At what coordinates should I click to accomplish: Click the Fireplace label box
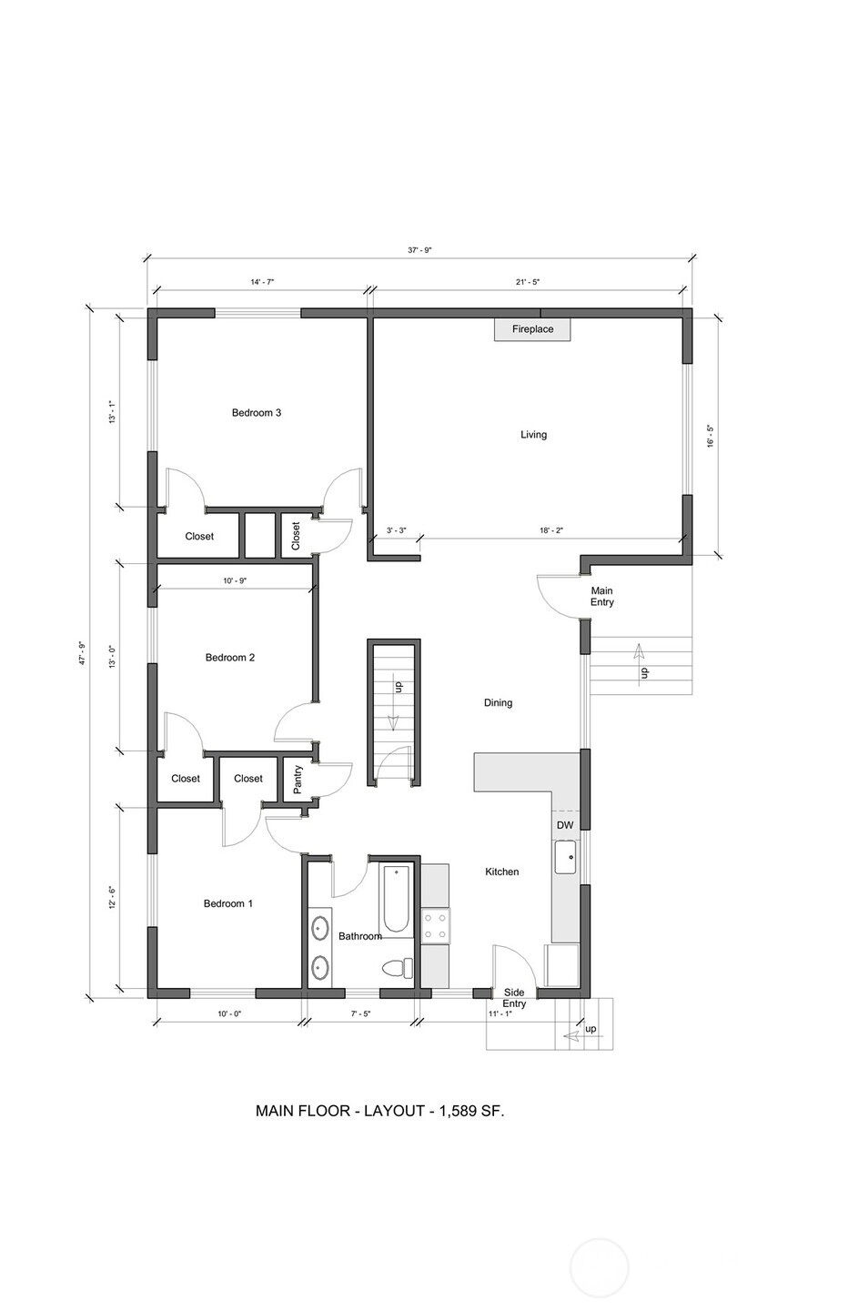pyautogui.click(x=532, y=329)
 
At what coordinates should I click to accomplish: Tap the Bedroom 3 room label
pyautogui.click(x=257, y=413)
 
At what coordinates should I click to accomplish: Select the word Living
pyautogui.click(x=533, y=435)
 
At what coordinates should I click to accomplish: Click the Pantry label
pyautogui.click(x=298, y=779)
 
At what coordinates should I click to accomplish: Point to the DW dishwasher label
pyautogui.click(x=565, y=825)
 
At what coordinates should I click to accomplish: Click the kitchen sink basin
pyautogui.click(x=566, y=857)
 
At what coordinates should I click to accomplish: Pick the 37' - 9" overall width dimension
pyautogui.click(x=419, y=250)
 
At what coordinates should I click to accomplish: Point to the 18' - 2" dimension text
pyautogui.click(x=550, y=531)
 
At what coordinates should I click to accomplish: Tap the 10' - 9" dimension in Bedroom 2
pyautogui.click(x=235, y=580)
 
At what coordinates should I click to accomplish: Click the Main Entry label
pyautogui.click(x=601, y=597)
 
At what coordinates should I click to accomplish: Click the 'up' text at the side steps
pyautogui.click(x=591, y=1029)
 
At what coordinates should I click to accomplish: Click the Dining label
pyautogui.click(x=499, y=703)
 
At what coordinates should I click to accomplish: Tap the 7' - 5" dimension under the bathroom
pyautogui.click(x=361, y=1014)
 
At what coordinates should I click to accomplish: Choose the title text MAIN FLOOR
pyautogui.click(x=302, y=1111)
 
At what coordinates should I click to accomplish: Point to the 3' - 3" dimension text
pyautogui.click(x=396, y=531)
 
